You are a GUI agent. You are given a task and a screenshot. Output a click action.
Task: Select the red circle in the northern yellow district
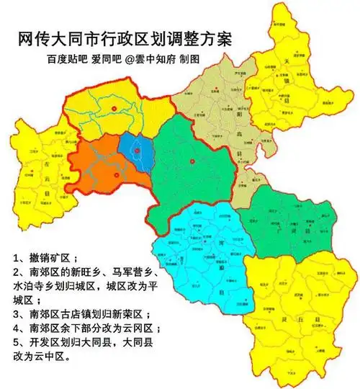tap(113, 109)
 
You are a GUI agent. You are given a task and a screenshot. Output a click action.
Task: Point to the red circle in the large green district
tap(192, 161)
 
